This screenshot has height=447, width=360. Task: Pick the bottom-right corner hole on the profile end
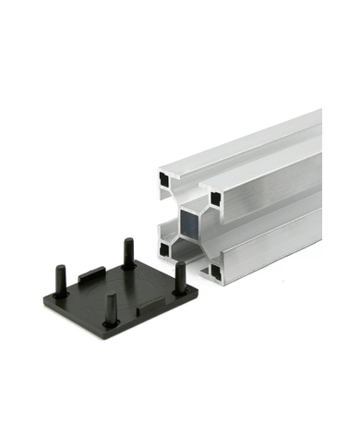coord(215,270)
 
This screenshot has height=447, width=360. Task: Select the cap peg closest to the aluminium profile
coord(178,272)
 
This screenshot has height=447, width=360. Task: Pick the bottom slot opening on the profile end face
coord(188,259)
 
